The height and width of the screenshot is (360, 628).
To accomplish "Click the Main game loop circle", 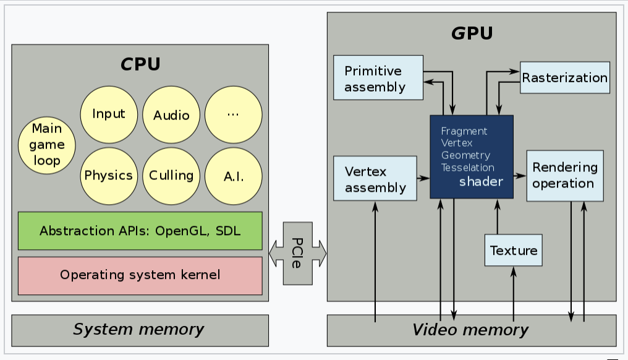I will pos(47,145).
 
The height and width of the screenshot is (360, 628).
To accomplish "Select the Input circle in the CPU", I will pos(108,114).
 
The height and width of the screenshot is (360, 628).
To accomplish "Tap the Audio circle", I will pos(171,115).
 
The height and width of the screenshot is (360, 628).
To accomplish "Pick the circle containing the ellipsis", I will pos(233,115).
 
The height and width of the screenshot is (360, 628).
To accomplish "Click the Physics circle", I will pos(108,176).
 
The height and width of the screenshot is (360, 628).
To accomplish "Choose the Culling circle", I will pos(171,176).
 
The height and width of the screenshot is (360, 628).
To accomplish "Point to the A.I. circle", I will pos(233,177).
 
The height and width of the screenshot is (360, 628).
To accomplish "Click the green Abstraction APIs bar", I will pos(140,231).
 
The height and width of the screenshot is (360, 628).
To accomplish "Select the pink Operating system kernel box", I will pos(140,275).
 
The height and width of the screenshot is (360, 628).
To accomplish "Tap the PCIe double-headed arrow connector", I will pos(297,252).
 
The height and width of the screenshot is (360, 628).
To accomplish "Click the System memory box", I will pos(140,330).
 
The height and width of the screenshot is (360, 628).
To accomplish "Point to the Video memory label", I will pos(470,330).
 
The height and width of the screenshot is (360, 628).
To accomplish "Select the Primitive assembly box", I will pos(378,78).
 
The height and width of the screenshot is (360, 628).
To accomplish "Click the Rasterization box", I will pos(564,78).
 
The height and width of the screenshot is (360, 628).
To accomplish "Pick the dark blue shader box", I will pos(471,156).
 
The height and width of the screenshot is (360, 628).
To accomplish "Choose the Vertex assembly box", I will pos(375,178).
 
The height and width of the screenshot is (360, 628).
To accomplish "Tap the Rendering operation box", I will pos(564,176).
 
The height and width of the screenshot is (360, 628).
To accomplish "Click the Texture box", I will pos(513,251).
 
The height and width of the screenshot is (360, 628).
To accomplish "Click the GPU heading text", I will pos(471,33).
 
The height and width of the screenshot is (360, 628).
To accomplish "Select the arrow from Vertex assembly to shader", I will pos(423,178).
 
